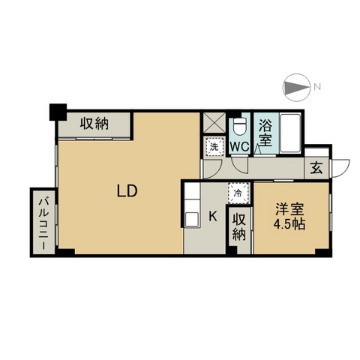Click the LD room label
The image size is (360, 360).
[127, 191]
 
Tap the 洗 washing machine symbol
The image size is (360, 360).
[214, 147]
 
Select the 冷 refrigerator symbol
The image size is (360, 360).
[238, 193]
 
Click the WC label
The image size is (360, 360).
[239, 146]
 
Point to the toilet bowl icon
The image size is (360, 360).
[239, 125]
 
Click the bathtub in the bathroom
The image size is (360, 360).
[290, 133]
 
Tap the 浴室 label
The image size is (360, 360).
[265, 133]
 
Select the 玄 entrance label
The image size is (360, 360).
[316, 168]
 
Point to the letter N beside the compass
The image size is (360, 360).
[317, 86]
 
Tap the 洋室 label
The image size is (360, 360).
[289, 209]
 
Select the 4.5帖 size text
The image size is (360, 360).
[289, 224]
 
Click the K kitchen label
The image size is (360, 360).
[213, 216]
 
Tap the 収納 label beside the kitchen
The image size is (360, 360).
[239, 227]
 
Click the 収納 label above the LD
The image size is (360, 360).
[94, 124]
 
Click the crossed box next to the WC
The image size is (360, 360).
[214, 123]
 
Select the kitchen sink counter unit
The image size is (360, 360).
[192, 205]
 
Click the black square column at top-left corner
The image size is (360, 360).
[58, 112]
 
